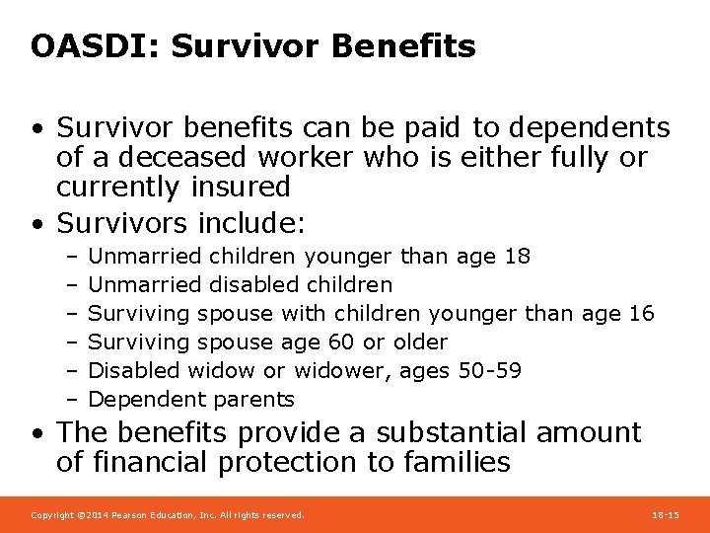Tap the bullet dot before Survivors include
[36, 217]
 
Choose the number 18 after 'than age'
[517, 257]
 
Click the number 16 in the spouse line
[640, 314]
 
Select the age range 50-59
[490, 371]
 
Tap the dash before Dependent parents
[73, 400]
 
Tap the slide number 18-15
[666, 515]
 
